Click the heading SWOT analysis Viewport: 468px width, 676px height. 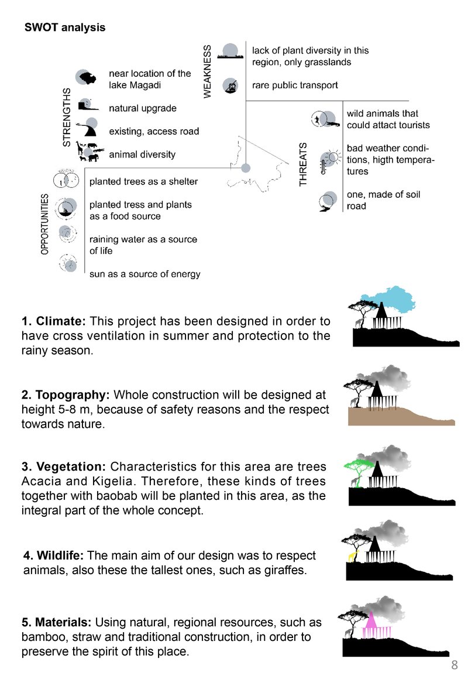click(64, 27)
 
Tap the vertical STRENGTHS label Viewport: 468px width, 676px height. click(66, 117)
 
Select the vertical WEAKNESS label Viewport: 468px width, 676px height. click(207, 71)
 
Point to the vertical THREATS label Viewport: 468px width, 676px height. click(303, 164)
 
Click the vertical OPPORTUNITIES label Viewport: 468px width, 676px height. click(45, 224)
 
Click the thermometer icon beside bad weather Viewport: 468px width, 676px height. click(323, 166)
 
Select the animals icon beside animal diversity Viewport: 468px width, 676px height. click(90, 152)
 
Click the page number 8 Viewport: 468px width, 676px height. click(454, 664)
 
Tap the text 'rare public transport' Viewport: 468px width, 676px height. click(295, 85)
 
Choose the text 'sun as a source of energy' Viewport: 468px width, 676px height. click(145, 274)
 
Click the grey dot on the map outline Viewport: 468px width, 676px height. click(246, 168)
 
